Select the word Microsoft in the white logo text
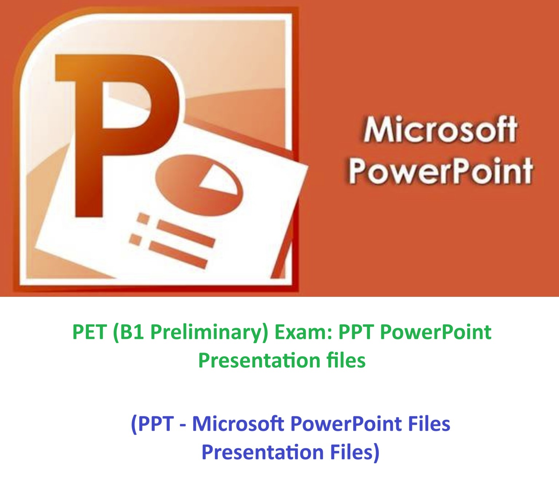click(x=440, y=129)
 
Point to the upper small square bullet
click(x=143, y=218)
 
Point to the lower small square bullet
click(x=135, y=240)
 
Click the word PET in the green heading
click(x=89, y=332)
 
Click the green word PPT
click(x=356, y=332)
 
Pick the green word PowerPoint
click(x=436, y=332)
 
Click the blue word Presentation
click(x=262, y=452)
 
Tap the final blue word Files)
click(x=355, y=452)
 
